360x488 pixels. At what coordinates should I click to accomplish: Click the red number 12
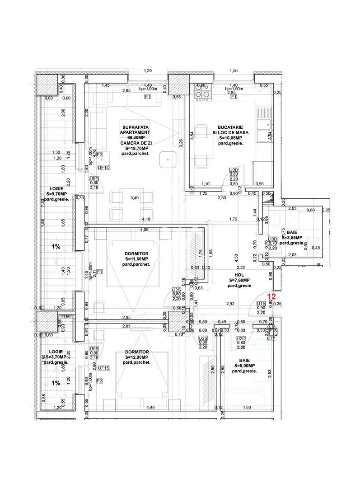pyautogui.click(x=272, y=297)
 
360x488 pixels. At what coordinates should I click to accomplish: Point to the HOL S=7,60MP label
pyautogui.click(x=239, y=280)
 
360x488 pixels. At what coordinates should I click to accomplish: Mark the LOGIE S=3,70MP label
pyautogui.click(x=56, y=357)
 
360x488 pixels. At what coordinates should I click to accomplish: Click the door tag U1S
pyautogui.click(x=261, y=304)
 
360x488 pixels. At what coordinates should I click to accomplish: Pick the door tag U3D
pyautogui.click(x=273, y=239)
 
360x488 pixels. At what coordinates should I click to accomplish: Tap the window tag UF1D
pyautogui.click(x=104, y=167)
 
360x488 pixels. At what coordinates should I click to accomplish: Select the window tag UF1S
pyautogui.click(x=104, y=368)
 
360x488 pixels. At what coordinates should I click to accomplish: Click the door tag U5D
pyautogui.click(x=94, y=178)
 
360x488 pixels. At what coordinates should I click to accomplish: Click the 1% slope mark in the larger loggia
pyautogui.click(x=56, y=247)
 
